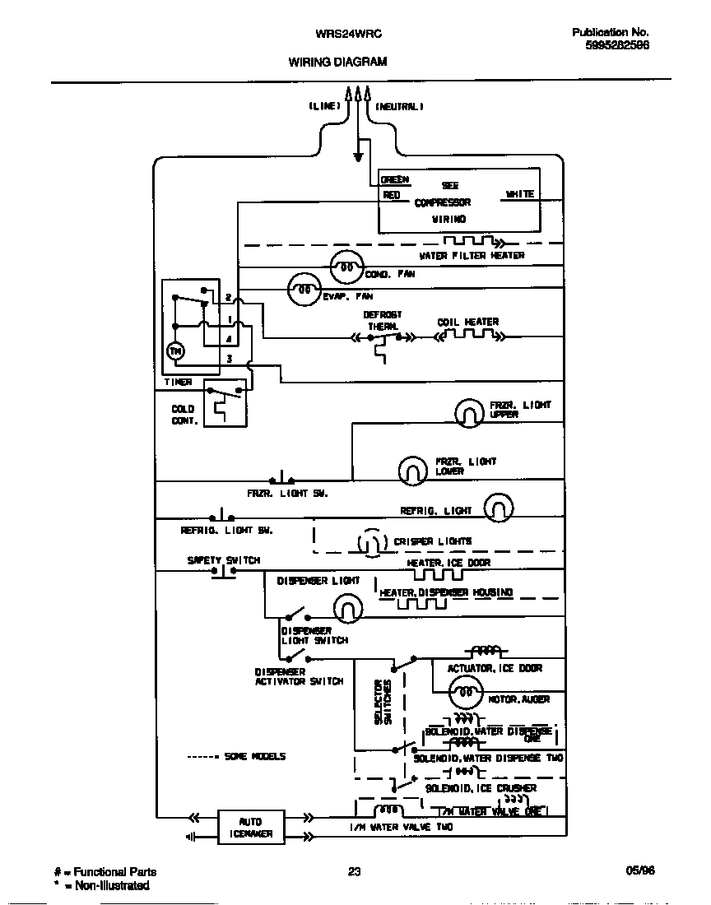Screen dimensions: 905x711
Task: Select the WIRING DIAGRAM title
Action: [x=337, y=62]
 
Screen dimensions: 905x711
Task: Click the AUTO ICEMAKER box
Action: [x=250, y=828]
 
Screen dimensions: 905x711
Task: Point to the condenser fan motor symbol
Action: [x=346, y=268]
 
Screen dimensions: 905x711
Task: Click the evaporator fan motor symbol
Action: [x=304, y=290]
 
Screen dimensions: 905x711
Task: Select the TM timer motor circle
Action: [x=175, y=351]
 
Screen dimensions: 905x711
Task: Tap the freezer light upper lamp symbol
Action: [x=470, y=412]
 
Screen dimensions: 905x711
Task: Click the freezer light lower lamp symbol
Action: [x=413, y=470]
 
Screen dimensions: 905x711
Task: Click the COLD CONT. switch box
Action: [x=225, y=402]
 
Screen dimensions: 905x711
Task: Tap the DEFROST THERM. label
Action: [x=383, y=320]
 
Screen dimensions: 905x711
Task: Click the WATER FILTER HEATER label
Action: [x=472, y=256]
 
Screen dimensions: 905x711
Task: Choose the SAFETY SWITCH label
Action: [x=223, y=560]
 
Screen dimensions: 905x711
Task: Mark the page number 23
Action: [x=355, y=872]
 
